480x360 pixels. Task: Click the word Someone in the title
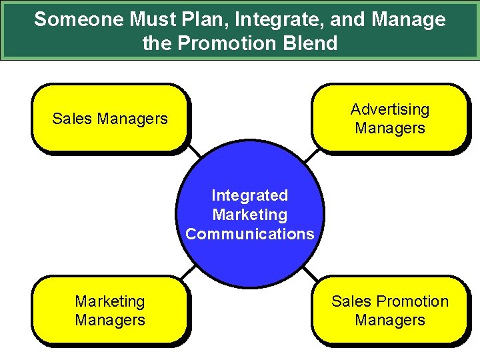[x=73, y=20]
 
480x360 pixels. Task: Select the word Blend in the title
[x=311, y=44]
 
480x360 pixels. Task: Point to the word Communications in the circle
[x=250, y=234]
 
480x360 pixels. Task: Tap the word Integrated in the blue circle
[x=250, y=195]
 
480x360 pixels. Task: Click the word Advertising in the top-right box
[x=390, y=109]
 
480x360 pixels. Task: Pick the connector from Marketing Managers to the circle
[x=189, y=272]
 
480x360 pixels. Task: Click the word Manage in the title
[x=408, y=20]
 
